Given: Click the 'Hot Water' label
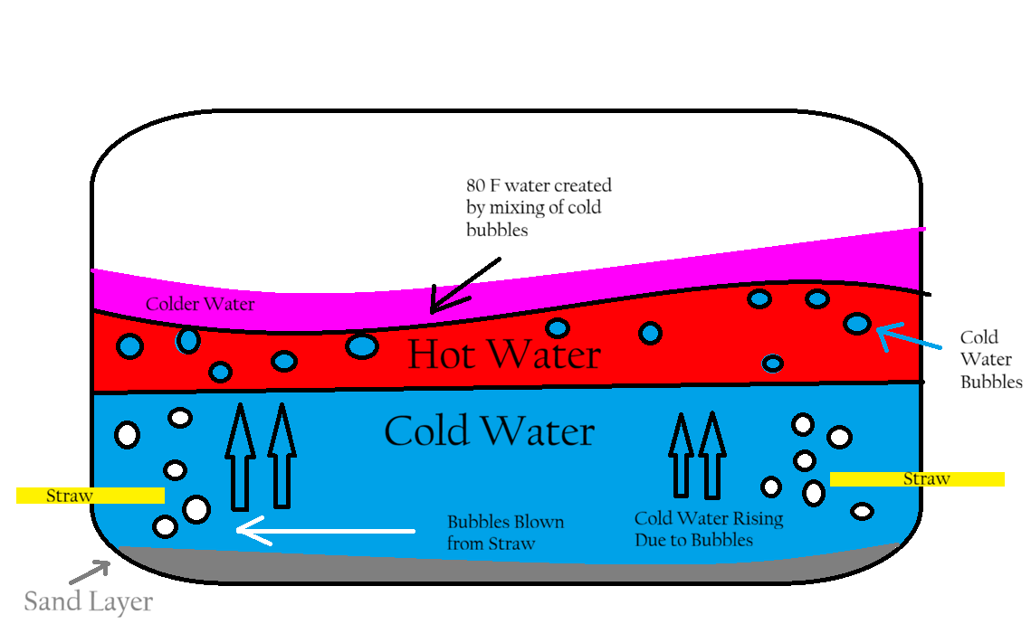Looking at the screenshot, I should [x=503, y=355].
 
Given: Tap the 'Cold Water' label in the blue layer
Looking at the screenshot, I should [x=489, y=431].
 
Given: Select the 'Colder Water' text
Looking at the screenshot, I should [x=201, y=304].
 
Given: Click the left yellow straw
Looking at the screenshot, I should [x=90, y=496].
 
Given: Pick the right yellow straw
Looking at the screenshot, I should [x=916, y=479].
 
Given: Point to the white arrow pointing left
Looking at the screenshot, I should [x=326, y=531].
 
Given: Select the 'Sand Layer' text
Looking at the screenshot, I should [x=88, y=601].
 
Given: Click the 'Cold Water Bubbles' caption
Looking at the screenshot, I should [x=990, y=359].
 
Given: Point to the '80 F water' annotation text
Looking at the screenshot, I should [x=538, y=207].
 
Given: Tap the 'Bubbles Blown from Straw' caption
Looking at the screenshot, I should [x=505, y=533].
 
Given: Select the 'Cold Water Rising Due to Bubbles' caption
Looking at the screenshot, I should [x=709, y=529].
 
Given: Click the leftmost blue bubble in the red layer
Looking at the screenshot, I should [x=130, y=345].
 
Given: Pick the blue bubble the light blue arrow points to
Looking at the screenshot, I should [x=857, y=323].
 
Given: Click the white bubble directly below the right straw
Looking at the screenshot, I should [x=863, y=512].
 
